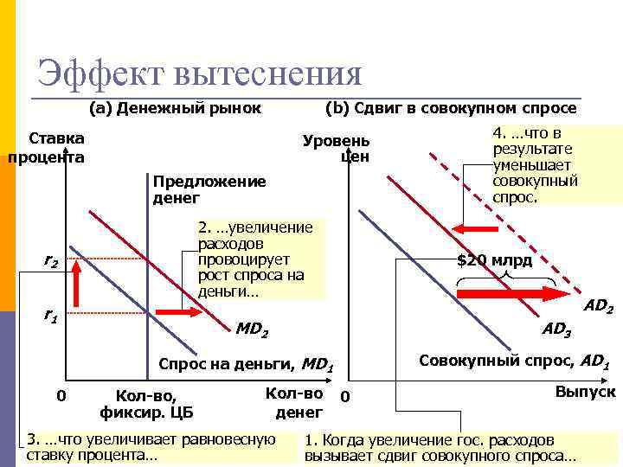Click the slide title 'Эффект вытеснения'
click(199, 73)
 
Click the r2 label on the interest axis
click(52, 260)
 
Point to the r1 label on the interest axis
click(51, 317)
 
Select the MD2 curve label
click(252, 329)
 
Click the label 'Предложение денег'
click(209, 189)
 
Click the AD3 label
click(556, 329)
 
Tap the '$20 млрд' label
click(495, 261)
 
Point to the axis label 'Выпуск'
click(585, 392)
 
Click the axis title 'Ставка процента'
click(47, 148)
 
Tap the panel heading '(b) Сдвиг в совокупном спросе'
click(449, 108)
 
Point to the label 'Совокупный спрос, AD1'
click(515, 361)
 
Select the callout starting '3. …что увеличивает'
click(151, 446)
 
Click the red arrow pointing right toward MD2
click(177, 312)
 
